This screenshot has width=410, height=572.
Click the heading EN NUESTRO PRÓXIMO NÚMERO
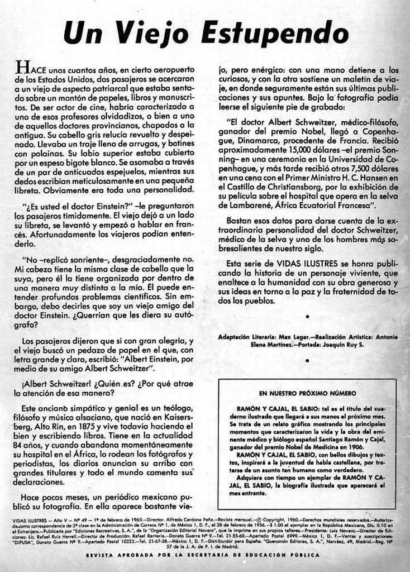point(308,393)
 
